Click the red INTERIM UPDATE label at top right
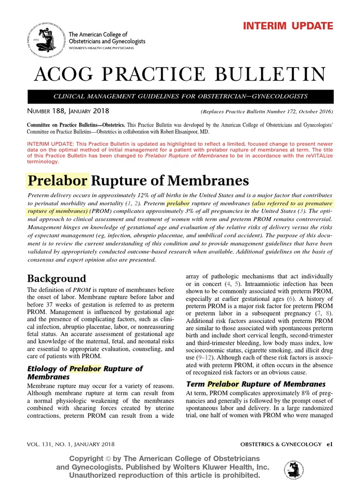(x=288, y=26)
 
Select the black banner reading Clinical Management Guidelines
(x=180, y=97)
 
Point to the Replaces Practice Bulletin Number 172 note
(x=266, y=112)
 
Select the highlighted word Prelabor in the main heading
(x=58, y=180)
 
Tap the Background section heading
(x=56, y=278)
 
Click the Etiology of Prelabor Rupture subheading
(x=85, y=368)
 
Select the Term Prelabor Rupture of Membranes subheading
(x=255, y=384)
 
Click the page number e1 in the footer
(x=330, y=444)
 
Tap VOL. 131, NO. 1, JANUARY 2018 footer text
(x=70, y=444)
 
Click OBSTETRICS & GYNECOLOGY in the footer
(x=280, y=444)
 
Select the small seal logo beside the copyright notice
(x=294, y=469)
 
